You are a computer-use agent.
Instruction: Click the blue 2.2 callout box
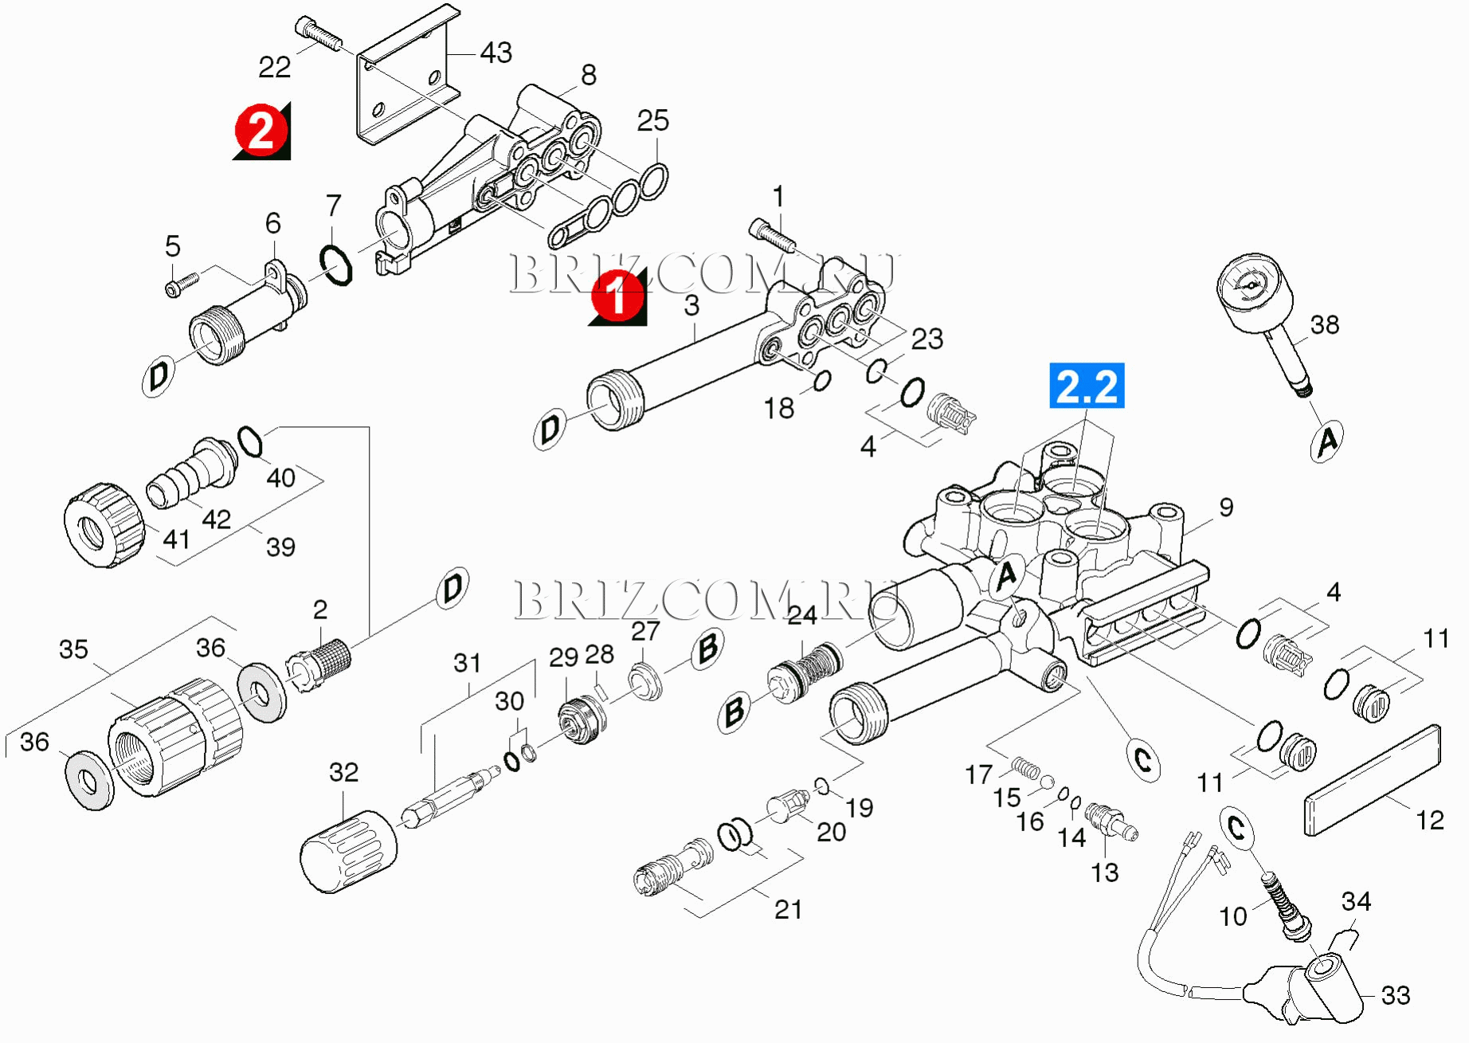[x=1087, y=386]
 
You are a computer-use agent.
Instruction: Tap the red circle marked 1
[x=617, y=296]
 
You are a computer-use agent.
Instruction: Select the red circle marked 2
[x=261, y=130]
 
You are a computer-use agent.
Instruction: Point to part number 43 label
[x=496, y=53]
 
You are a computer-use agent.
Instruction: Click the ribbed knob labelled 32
[x=348, y=851]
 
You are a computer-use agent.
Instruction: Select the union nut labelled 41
[x=104, y=525]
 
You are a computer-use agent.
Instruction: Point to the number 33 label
[x=1395, y=995]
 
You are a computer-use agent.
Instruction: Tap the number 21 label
[x=788, y=909]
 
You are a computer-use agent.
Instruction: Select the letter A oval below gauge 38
[x=1326, y=441]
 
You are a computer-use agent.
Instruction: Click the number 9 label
[x=1226, y=508]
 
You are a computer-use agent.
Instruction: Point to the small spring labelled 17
[x=1027, y=768]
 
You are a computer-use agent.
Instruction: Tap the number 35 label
[x=73, y=649]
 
